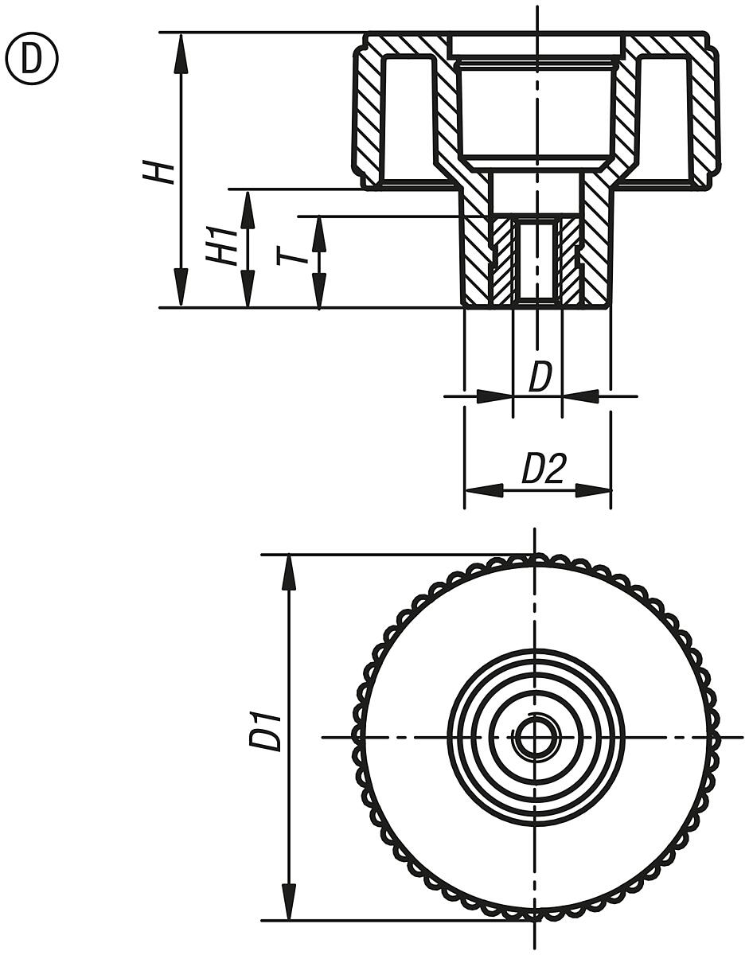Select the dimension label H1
click(222, 246)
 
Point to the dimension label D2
click(543, 470)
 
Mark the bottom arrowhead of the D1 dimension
click(291, 902)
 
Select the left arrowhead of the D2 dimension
click(482, 491)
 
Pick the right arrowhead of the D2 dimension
click(593, 491)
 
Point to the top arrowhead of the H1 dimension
click(248, 207)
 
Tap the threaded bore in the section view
click(536, 261)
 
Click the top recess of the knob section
click(535, 46)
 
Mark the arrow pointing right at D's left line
click(494, 395)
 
